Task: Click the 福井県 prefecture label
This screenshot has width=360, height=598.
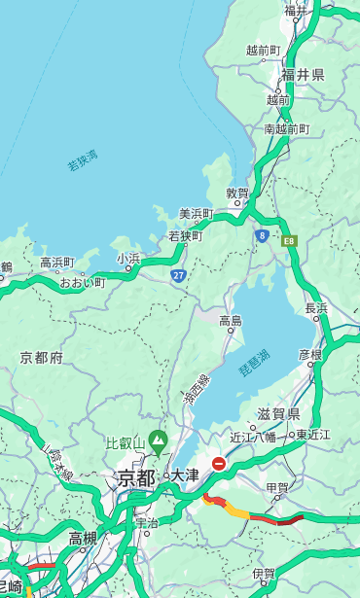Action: pos(303,75)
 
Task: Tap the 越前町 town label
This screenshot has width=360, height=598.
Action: pos(263,50)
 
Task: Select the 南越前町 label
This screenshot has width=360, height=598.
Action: pos(286,128)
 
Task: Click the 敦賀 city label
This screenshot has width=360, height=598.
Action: pos(237,193)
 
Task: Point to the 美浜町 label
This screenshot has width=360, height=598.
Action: pos(197,214)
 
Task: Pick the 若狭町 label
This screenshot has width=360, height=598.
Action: pos(185,235)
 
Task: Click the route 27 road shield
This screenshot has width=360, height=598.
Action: pos(178,276)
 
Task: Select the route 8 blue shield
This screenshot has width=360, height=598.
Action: pos(262,235)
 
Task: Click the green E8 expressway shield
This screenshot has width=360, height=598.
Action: pos(289,240)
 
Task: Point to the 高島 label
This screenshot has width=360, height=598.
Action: pos(231,320)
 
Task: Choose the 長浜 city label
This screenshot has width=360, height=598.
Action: pos(316,308)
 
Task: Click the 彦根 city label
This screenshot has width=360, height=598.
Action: pos(309,354)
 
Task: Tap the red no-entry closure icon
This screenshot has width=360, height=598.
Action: pos(219,464)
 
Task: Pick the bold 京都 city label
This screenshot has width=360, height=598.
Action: pos(136,476)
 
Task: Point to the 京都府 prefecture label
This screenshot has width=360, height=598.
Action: pos(42,358)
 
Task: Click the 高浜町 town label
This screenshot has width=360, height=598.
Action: pos(56,263)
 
